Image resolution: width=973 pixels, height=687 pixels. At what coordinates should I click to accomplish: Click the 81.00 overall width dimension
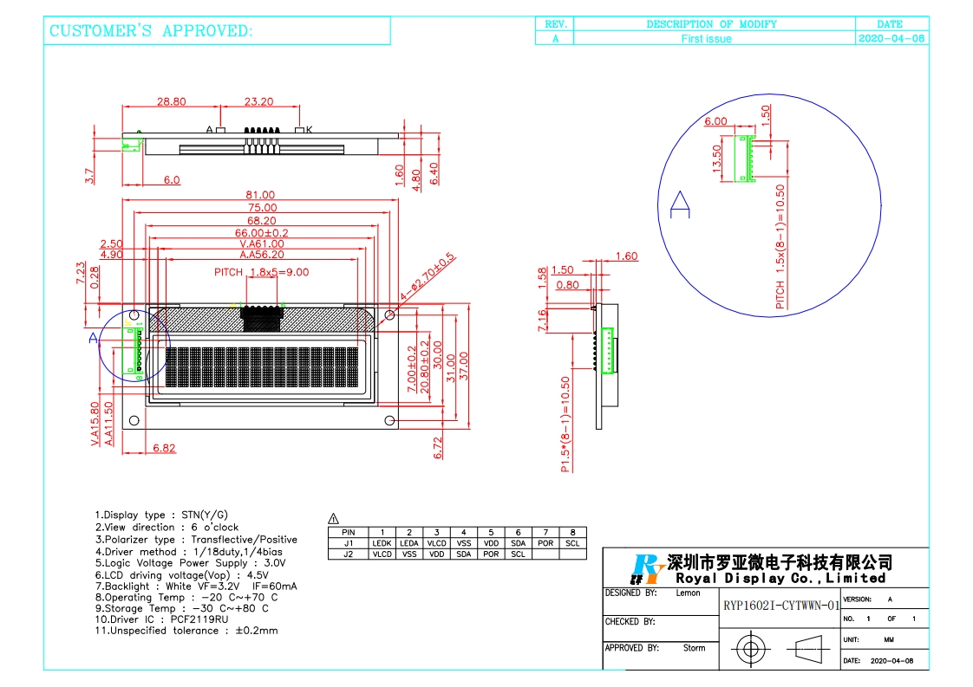tap(260, 195)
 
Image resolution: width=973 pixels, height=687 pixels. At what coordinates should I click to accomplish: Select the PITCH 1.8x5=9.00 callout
tap(261, 272)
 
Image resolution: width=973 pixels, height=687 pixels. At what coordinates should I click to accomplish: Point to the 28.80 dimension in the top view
tap(171, 101)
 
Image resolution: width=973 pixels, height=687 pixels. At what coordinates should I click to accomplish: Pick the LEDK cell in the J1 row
tap(382, 543)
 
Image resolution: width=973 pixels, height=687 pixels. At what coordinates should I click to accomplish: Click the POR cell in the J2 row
tap(491, 554)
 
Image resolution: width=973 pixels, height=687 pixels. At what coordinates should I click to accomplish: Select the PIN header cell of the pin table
tap(349, 532)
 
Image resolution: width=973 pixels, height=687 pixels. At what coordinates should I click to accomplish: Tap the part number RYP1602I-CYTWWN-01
tap(780, 606)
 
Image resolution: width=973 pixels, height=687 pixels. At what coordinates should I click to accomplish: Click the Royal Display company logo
tap(647, 569)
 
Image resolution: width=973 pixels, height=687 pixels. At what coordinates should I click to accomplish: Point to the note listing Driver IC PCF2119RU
tap(162, 618)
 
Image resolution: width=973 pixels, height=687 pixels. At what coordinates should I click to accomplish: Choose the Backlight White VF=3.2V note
tap(196, 587)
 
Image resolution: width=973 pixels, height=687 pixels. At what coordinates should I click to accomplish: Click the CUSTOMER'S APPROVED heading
tap(152, 31)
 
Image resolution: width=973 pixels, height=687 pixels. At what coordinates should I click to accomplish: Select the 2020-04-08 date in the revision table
tap(891, 39)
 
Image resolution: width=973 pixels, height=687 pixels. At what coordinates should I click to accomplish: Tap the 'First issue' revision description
tap(706, 39)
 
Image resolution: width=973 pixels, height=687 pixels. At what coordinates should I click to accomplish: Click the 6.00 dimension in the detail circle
tap(715, 121)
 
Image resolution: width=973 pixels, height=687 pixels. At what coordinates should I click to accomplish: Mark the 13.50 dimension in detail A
tap(717, 159)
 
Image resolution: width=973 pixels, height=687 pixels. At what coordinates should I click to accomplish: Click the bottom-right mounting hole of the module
tap(389, 421)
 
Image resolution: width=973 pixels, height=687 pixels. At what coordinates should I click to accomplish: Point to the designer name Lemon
tap(688, 593)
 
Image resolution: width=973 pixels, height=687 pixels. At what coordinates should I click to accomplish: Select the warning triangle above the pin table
tap(334, 519)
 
